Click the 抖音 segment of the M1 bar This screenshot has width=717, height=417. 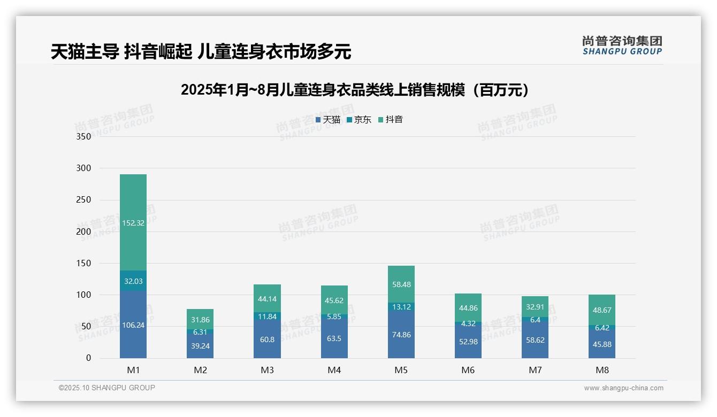click(x=133, y=222)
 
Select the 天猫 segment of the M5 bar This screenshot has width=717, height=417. click(x=401, y=335)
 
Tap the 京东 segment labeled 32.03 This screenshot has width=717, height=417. click(x=133, y=281)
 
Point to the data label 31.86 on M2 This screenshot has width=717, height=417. click(x=200, y=320)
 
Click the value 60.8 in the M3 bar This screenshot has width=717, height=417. click(x=267, y=339)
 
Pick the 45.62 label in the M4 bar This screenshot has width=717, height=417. click(x=334, y=300)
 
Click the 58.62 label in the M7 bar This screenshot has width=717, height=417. click(x=535, y=339)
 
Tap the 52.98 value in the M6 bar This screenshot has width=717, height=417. click(x=468, y=342)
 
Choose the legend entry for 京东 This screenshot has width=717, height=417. click(x=358, y=120)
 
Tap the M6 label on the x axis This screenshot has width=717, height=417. click(x=468, y=370)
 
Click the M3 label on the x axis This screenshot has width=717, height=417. click(x=267, y=370)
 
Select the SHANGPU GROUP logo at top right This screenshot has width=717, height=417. click(x=622, y=45)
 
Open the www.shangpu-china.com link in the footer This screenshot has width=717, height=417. click(x=623, y=388)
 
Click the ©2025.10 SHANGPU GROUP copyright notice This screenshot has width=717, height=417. click(x=107, y=388)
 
